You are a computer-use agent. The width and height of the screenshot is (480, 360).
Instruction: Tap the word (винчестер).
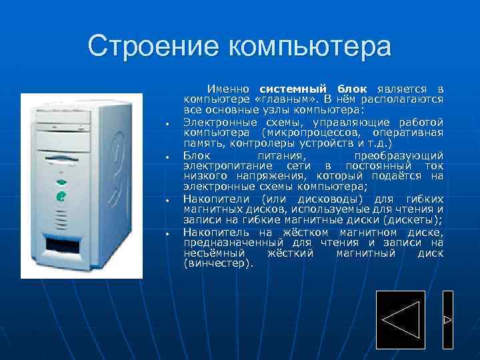pyautogui.click(x=218, y=264)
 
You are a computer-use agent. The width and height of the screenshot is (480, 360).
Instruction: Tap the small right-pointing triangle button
pyautogui.click(x=447, y=321)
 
